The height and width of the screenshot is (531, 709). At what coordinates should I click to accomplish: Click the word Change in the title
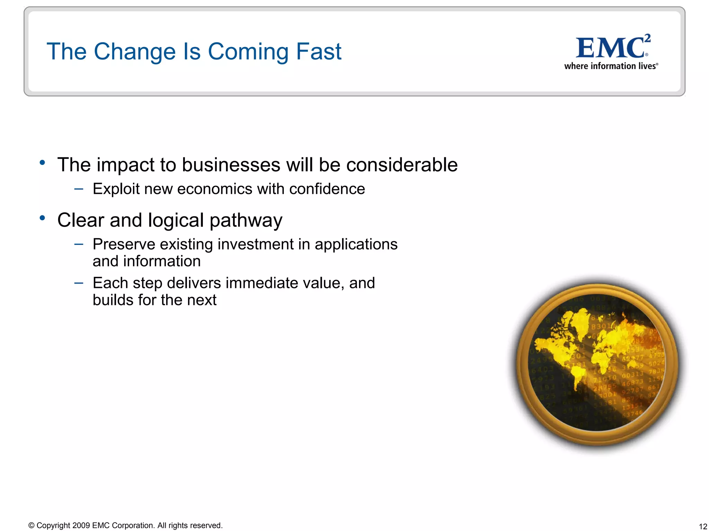click(135, 52)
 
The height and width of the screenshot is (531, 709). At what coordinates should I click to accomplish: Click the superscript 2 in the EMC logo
click(647, 38)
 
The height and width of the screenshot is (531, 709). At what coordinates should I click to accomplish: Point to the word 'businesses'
click(231, 165)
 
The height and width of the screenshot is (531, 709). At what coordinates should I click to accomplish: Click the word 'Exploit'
click(116, 189)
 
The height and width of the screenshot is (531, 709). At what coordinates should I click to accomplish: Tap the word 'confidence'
click(327, 189)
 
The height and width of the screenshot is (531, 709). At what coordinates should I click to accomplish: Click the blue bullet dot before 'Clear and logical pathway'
click(42, 218)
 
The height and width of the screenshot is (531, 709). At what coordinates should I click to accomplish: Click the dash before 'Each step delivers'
click(79, 283)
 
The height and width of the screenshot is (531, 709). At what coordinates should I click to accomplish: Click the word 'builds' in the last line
click(113, 300)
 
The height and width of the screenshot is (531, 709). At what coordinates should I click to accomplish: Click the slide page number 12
click(703, 527)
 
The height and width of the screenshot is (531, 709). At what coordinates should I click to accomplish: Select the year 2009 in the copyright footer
click(81, 525)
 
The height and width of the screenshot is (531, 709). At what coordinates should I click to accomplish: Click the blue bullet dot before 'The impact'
click(42, 162)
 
